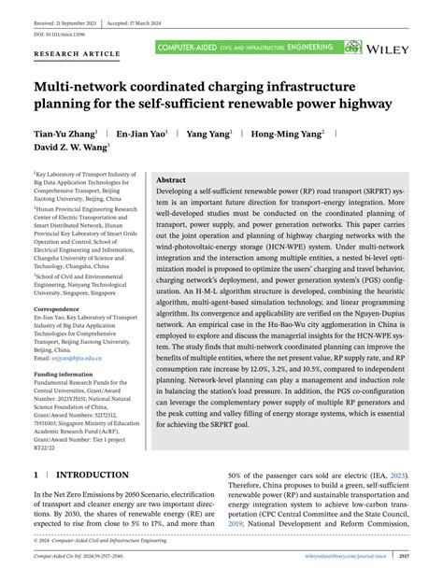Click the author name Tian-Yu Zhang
[x=68, y=135]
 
